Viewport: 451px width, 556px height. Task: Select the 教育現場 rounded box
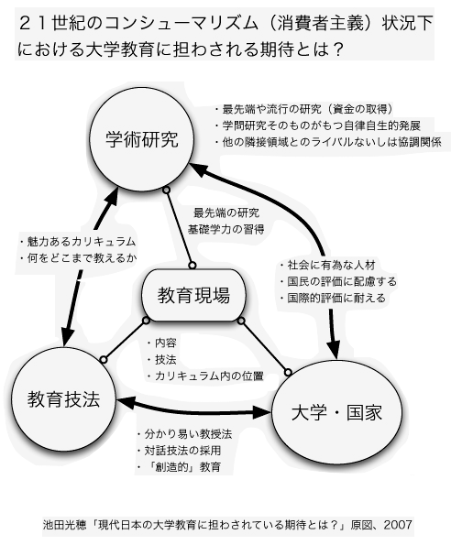(193, 295)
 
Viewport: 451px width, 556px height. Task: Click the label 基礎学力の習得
(226, 229)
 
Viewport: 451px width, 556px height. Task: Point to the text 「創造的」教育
(183, 466)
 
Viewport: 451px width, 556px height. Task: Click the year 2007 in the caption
(398, 524)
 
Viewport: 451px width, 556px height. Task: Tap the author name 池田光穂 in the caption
(64, 525)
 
